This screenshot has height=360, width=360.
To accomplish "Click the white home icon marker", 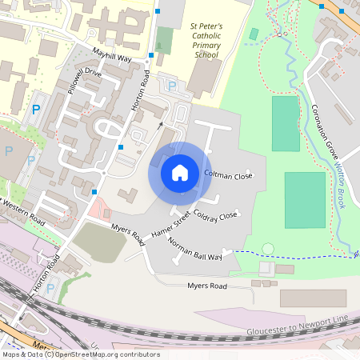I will tap(180, 173).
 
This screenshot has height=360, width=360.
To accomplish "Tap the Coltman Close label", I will tap(228, 174).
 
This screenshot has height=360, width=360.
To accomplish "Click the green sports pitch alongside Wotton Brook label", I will tap(306, 200).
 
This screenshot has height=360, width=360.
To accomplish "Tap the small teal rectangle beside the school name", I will tap(254, 34).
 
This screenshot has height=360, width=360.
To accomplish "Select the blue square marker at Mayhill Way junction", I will tap(150, 56).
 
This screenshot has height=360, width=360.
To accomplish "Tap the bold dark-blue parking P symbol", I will tap(34, 109).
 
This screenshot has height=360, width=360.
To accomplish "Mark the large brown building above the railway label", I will tap(313, 298).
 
